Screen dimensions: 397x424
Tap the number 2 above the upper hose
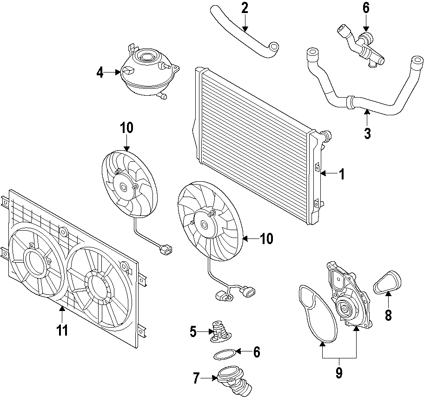245,8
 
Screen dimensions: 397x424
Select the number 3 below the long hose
367,133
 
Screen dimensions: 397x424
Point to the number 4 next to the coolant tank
100,73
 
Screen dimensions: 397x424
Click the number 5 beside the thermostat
193,332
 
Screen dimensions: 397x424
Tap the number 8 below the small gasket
388,316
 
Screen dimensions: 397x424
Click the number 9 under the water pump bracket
339,372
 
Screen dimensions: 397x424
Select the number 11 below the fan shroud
62,331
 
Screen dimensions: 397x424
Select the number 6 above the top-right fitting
366,8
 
